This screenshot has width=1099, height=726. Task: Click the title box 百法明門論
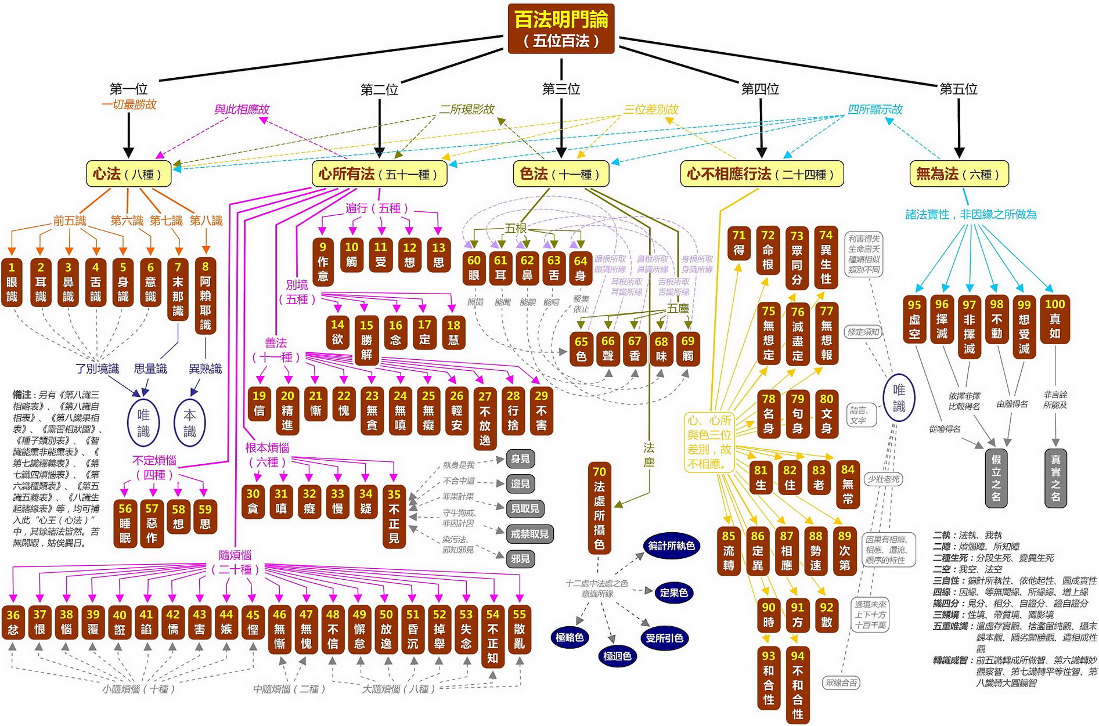561,28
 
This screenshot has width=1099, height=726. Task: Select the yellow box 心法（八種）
128,174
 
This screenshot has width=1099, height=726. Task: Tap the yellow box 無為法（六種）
959,174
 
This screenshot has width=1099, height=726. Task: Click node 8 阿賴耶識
206,296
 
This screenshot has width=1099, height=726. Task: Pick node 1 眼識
12,283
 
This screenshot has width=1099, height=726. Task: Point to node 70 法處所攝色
599,508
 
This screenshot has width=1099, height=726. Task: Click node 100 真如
1054,319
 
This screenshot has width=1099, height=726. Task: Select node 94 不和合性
797,685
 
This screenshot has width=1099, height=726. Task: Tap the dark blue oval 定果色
673,593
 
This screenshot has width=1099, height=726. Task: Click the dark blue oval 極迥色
617,656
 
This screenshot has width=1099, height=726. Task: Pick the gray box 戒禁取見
529,533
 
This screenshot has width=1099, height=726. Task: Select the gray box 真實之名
1055,478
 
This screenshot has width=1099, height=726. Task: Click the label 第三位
561,89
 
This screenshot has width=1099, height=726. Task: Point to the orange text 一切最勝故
129,104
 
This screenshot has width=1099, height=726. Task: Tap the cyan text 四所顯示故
874,109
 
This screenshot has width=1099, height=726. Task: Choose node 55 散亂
519,629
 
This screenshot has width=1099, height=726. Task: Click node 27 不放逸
485,418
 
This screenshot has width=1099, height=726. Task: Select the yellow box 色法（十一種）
560,174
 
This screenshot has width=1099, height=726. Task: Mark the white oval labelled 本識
190,423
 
